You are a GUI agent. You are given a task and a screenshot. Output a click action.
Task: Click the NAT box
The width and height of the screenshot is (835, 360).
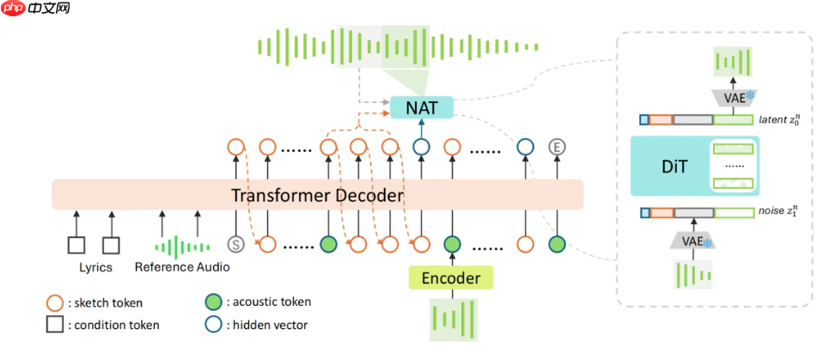[x=421, y=107]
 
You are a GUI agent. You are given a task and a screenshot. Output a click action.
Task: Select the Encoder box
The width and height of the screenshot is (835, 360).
[x=450, y=277]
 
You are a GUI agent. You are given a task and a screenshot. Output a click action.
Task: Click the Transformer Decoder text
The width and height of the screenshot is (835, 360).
[x=317, y=196]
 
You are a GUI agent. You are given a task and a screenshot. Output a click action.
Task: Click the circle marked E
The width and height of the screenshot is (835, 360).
[x=558, y=147]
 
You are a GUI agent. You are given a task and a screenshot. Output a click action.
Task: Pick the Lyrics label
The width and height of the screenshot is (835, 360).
[x=95, y=267]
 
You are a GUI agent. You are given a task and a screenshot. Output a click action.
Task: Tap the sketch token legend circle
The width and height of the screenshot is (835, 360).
[x=54, y=302]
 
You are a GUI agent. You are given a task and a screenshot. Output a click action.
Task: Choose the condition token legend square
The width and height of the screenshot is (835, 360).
[x=54, y=325]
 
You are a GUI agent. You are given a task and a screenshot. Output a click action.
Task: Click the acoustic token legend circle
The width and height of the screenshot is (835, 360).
[x=212, y=302]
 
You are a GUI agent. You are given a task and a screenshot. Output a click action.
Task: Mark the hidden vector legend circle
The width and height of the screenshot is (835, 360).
[x=212, y=325]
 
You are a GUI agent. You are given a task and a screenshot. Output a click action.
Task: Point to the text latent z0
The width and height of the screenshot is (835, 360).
[x=780, y=120]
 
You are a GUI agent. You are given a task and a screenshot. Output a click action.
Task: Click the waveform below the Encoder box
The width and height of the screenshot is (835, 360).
[x=451, y=320]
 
